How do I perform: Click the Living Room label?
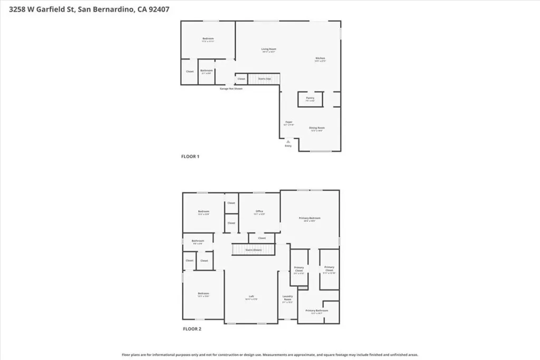click(269, 50)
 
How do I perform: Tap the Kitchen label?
click(320, 59)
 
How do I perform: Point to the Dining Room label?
click(316, 128)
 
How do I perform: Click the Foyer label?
click(289, 122)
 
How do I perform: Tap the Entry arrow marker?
click(288, 141)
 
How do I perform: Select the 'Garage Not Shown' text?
click(231, 89)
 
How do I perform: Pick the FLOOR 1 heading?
click(190, 157)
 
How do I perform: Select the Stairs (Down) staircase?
click(254, 250)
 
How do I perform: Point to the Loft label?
click(252, 297)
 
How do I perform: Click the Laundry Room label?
click(287, 298)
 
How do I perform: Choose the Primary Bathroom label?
click(316, 311)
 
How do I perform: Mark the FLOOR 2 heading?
click(192, 329)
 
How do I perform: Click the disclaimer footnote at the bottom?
click(270, 355)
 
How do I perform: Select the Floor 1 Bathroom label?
click(206, 71)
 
